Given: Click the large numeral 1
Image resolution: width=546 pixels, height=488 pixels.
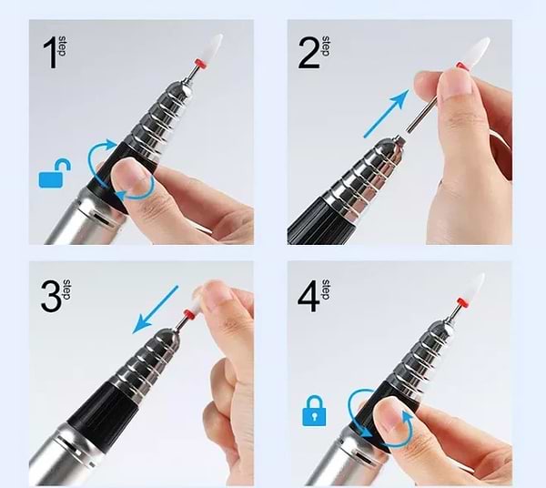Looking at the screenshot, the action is (50, 53).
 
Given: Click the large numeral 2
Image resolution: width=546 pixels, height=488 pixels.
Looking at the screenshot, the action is (308, 53).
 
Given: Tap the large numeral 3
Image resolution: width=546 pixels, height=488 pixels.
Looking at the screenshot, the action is (52, 296).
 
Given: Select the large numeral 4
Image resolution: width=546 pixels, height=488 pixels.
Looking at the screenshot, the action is (308, 297).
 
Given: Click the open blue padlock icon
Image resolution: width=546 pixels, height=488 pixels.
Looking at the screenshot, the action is (55, 173).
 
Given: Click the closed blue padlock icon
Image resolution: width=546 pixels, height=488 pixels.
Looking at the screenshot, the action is (315, 411).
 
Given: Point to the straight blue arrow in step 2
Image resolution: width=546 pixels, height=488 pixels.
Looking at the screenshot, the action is (386, 114).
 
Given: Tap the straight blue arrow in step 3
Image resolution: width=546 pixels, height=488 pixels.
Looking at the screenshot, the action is (155, 310).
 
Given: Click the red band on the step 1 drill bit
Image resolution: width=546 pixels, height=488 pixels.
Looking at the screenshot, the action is (200, 64).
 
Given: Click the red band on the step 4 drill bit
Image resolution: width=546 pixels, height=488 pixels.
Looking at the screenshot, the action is (461, 301).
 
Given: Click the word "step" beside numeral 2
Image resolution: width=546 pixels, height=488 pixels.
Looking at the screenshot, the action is (327, 46).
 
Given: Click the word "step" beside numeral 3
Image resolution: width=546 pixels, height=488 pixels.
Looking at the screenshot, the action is (66, 290).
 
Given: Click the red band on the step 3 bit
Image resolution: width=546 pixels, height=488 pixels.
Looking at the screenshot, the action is (189, 314).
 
